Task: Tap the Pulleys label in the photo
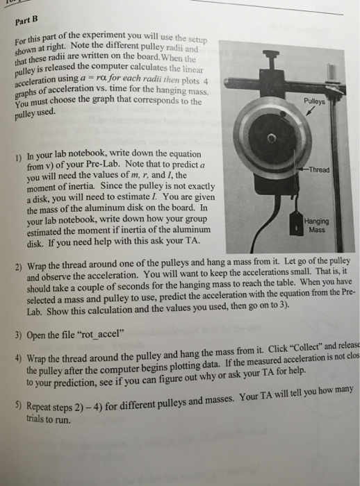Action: pyautogui.click(x=324, y=99)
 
